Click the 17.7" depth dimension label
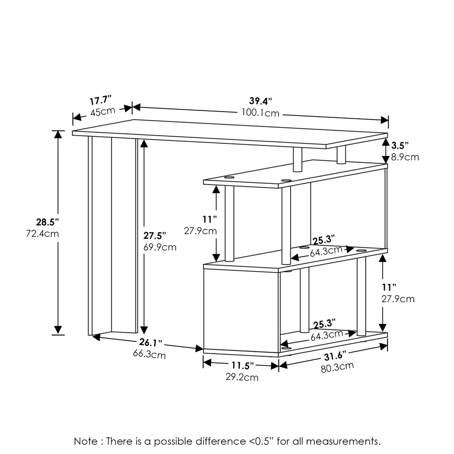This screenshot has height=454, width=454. pos(100,101)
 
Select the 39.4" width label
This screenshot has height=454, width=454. pos(261,101)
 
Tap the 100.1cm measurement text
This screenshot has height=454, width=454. pos(260,113)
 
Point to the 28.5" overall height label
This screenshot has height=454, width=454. pos(47,222)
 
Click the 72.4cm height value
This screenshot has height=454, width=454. pos(42,234)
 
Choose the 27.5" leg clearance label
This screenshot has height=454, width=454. pos(155,235)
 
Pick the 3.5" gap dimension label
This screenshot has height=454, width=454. pos(400,146)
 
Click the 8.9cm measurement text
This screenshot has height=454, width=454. pos(405,157)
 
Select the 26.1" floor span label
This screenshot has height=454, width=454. pos(151,342)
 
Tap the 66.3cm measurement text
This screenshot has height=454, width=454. pos(149,354)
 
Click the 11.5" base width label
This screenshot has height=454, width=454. pos(243,365)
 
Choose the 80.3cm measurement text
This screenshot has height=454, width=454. pos(337,367)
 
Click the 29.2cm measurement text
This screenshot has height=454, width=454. pos(242,377)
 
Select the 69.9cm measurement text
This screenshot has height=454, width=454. pos(160,247)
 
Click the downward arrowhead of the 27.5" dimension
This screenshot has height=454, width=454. pos(144,330)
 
